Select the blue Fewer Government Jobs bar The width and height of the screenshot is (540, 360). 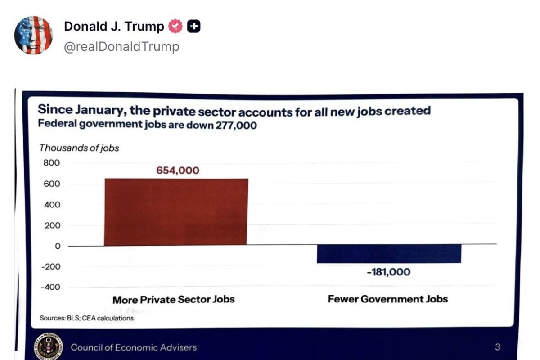pos(389,254)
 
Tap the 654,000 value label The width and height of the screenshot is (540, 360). pos(178,171)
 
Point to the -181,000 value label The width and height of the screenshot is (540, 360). pos(388,272)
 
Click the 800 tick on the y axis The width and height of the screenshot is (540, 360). pos(51,163)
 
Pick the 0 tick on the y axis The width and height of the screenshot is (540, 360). pos(57,246)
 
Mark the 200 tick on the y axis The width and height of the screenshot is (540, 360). pos(51,225)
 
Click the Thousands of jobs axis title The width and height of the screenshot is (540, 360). pos(79,148)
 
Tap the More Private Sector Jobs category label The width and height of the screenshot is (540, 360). pos(173,300)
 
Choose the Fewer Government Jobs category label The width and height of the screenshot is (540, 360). pos(388,299)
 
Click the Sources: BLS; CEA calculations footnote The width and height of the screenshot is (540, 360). pos(87,318)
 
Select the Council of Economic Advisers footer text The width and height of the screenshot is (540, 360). pos(134,347)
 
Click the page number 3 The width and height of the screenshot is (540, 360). pos(497,347)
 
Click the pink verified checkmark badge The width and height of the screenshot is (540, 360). pos(175,27)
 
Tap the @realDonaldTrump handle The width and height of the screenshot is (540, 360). pos(121,47)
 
